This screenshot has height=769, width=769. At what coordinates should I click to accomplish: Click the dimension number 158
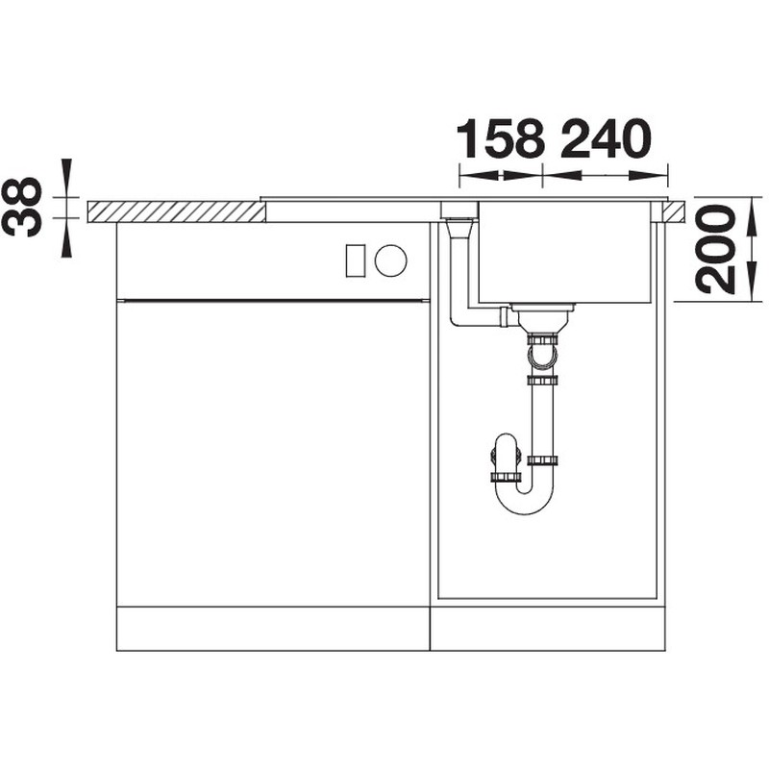pos(500,138)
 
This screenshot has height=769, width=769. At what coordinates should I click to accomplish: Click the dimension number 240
pos(607,138)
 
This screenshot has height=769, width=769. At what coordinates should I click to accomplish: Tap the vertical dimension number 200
pos(717,249)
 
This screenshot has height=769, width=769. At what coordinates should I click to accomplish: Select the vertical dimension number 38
pos(22,207)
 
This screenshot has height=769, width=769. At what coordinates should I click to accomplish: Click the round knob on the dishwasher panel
pos(390,260)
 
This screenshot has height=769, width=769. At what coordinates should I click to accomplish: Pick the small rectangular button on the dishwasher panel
pos(355,260)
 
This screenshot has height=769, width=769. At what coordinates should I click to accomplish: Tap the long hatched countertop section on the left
pos(176,211)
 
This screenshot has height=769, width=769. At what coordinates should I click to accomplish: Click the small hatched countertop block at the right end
pos(674,211)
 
